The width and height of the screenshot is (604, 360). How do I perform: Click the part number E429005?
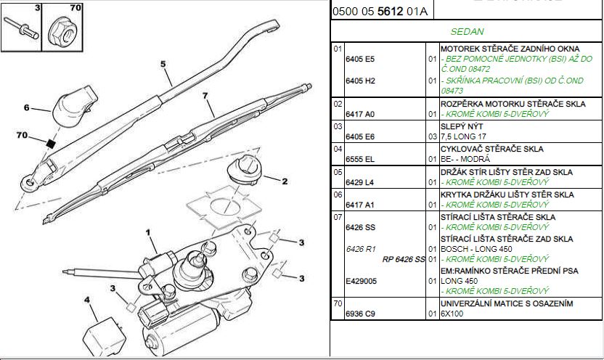point(361,281)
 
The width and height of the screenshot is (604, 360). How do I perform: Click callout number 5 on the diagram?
point(163,64)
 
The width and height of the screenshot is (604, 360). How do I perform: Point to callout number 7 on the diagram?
point(205,96)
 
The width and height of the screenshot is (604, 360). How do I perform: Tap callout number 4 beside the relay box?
point(86,298)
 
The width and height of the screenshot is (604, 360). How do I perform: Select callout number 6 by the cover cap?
point(27,108)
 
